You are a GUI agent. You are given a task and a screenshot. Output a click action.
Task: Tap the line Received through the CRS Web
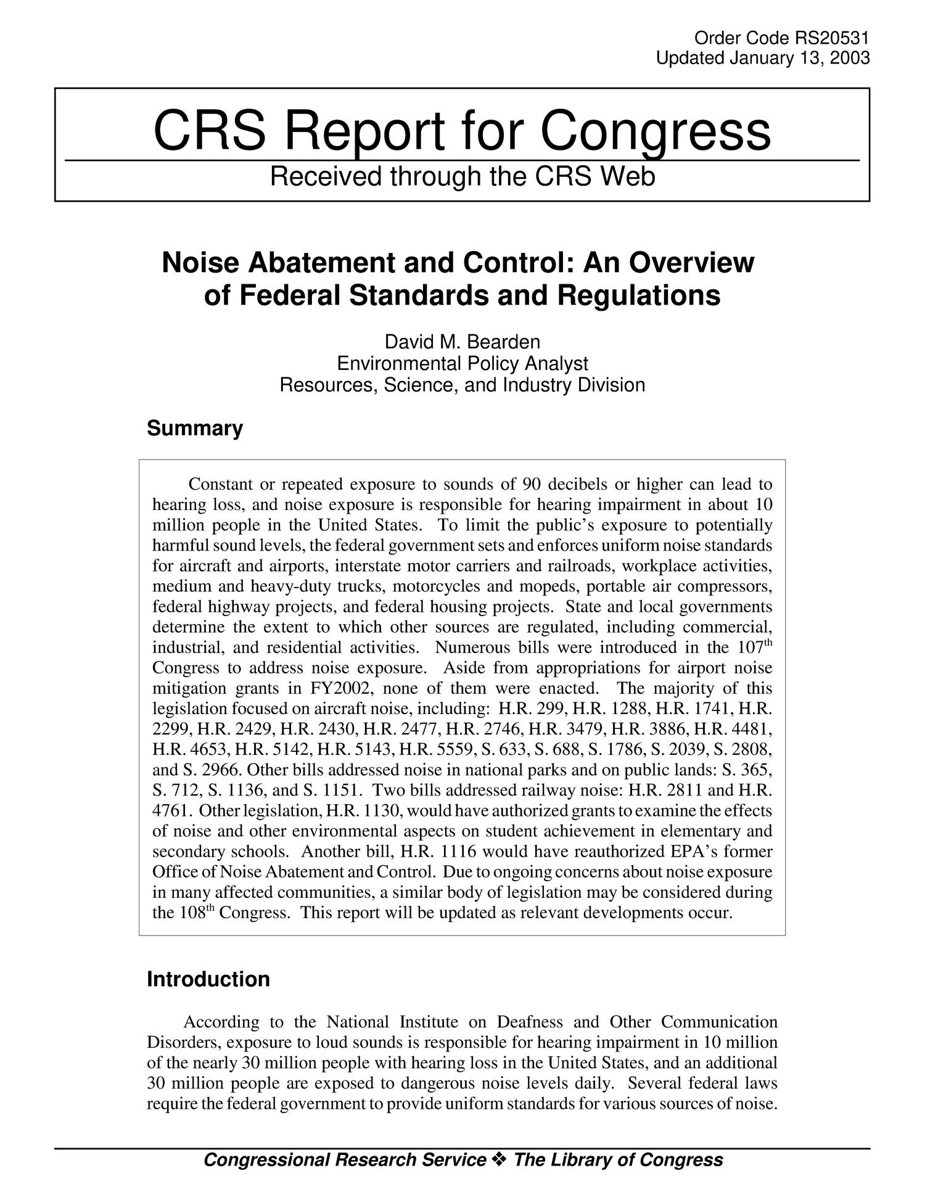[x=462, y=177]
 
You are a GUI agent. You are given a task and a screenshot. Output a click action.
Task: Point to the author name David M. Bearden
[x=462, y=341]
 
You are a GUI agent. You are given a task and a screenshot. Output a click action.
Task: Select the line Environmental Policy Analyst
[x=462, y=363]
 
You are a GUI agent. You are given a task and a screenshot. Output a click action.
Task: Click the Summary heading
[x=195, y=428]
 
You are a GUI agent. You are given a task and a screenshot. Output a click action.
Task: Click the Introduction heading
[x=208, y=979]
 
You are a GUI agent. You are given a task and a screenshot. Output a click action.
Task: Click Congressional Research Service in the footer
[x=344, y=1161]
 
